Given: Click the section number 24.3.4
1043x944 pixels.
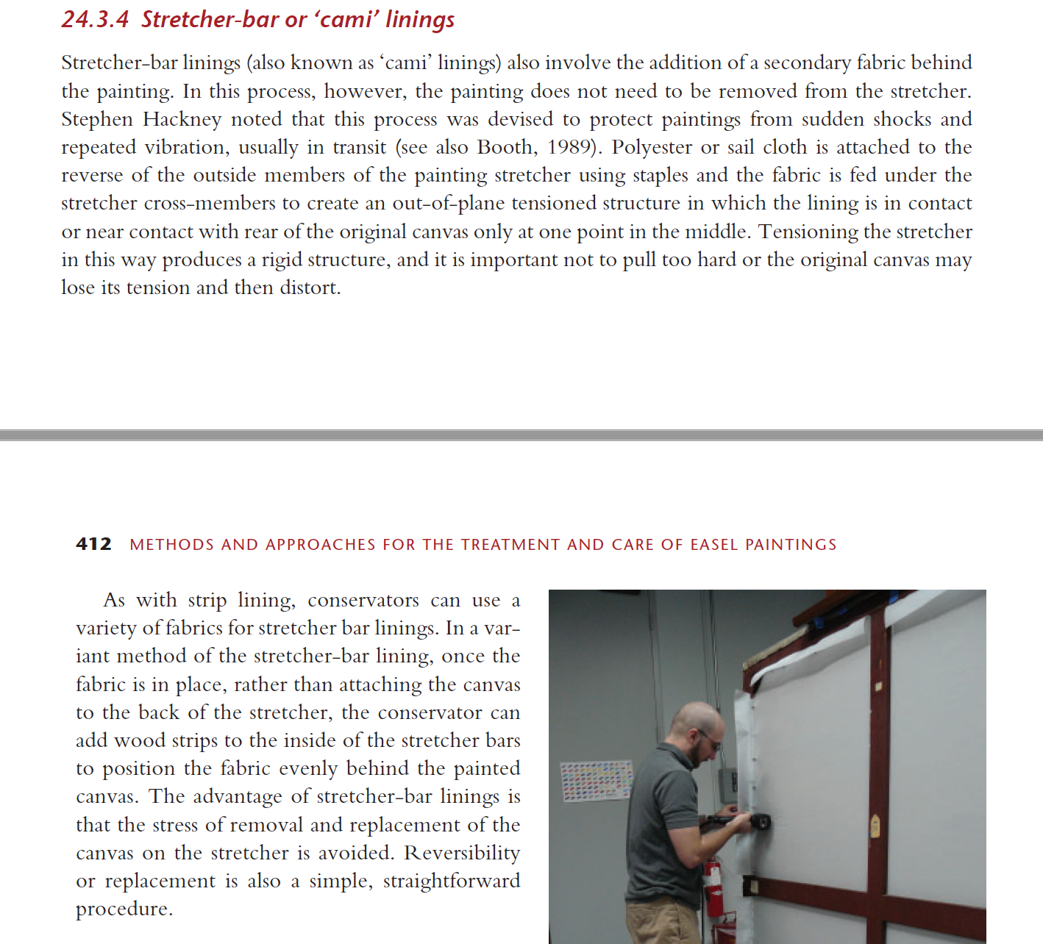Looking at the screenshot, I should click(x=95, y=19).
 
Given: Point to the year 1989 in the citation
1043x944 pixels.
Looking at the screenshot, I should click(x=570, y=147).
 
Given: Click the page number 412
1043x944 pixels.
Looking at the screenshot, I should click(x=93, y=544).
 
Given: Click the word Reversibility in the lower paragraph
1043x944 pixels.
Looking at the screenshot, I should click(x=462, y=853).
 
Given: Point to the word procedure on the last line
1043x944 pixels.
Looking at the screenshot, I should click(x=123, y=909).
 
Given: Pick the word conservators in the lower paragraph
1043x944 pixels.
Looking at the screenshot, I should click(x=363, y=601).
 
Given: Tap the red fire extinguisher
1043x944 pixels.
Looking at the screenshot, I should click(x=713, y=893).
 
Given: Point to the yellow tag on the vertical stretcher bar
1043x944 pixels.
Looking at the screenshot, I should click(x=875, y=825).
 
